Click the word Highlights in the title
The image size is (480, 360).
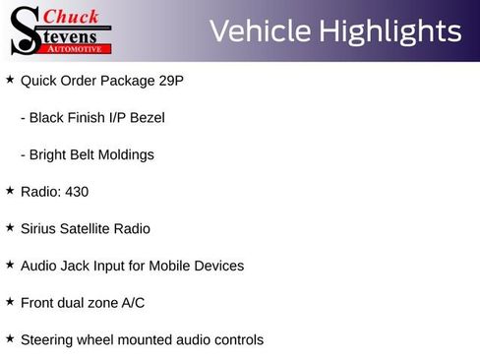390,31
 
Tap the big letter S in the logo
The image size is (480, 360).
24,30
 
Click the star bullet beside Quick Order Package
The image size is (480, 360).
10,79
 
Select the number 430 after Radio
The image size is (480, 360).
76,192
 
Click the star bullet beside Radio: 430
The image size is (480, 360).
10,190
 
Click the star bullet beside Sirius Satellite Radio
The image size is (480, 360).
10,227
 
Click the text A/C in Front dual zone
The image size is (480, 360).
133,303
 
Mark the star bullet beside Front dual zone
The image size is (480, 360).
10,301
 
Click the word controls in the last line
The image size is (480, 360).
236,340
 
